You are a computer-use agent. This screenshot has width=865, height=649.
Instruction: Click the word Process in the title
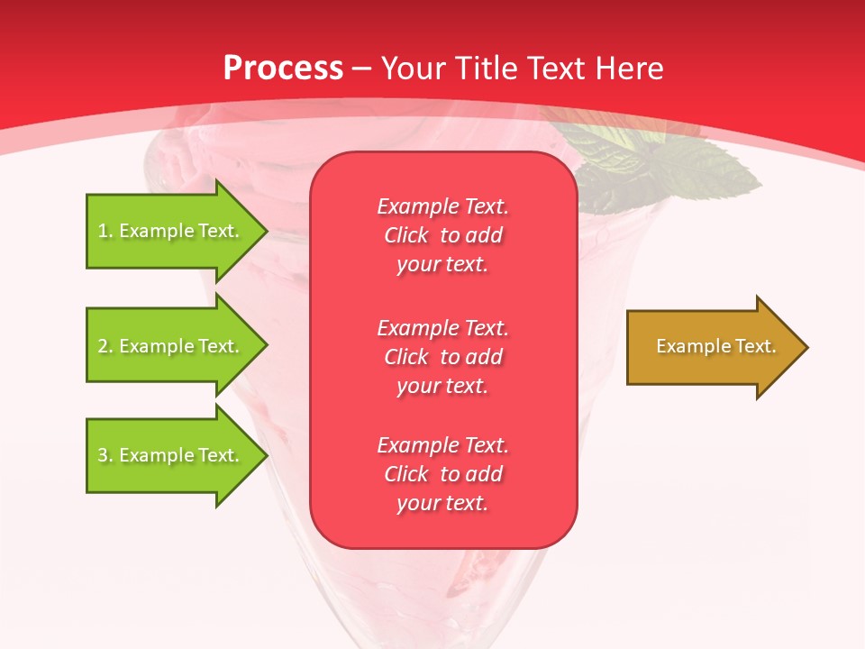tap(283, 69)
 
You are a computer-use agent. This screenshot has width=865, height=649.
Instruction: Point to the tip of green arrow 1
tap(266, 231)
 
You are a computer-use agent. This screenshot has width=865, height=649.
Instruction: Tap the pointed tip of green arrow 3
tap(266, 455)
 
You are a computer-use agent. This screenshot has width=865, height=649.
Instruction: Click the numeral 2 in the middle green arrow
tap(103, 346)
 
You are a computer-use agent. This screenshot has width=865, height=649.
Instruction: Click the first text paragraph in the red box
tap(442, 235)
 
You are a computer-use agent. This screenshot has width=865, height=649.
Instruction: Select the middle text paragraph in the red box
tap(442, 357)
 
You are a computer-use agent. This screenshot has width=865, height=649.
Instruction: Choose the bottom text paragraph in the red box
tap(442, 474)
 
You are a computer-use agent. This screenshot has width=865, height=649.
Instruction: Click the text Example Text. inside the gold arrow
tap(716, 346)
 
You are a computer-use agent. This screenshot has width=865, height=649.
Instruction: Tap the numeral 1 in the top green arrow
tap(103, 231)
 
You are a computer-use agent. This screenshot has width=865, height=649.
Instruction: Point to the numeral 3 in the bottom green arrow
tap(103, 455)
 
